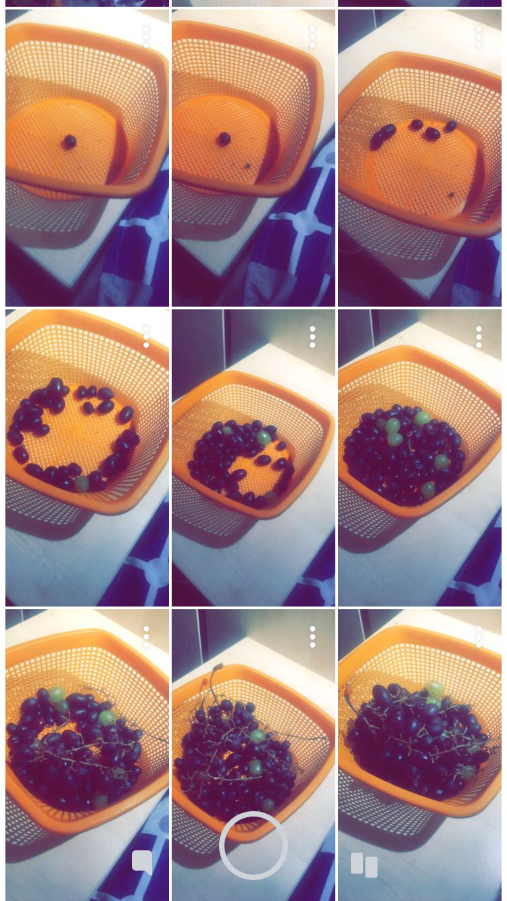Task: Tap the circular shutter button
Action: pyautogui.click(x=254, y=846)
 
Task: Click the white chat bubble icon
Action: pyautogui.click(x=142, y=862)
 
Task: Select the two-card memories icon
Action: pyautogui.click(x=364, y=865)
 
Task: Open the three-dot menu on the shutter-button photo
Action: pyautogui.click(x=312, y=637)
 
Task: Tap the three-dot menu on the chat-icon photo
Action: pyautogui.click(x=146, y=637)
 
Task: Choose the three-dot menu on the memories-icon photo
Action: pyautogui.click(x=479, y=637)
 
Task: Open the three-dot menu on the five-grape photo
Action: pyautogui.click(x=479, y=37)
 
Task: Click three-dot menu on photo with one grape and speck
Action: pyautogui.click(x=312, y=37)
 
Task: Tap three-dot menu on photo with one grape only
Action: pyautogui.click(x=146, y=37)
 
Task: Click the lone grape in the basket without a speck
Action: pyautogui.click(x=69, y=142)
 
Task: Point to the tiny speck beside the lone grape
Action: pyautogui.click(x=248, y=165)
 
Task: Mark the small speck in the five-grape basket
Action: pyautogui.click(x=452, y=195)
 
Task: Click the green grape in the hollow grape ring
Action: pyautogui.click(x=82, y=483)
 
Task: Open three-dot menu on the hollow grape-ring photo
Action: pyautogui.click(x=146, y=336)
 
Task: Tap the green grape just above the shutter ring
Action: pyautogui.click(x=268, y=804)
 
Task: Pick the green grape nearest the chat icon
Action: pyautogui.click(x=101, y=800)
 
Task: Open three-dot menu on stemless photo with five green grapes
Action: pyautogui.click(x=479, y=336)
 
